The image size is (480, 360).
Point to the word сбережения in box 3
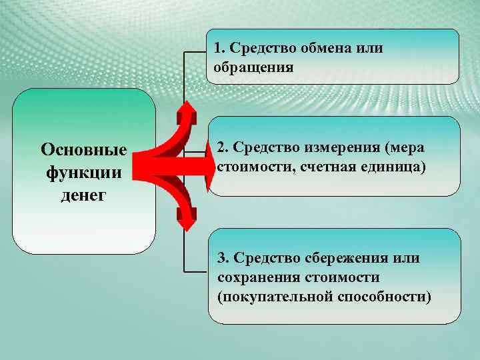tap(345, 258)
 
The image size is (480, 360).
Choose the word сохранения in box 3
tap(257, 276)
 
